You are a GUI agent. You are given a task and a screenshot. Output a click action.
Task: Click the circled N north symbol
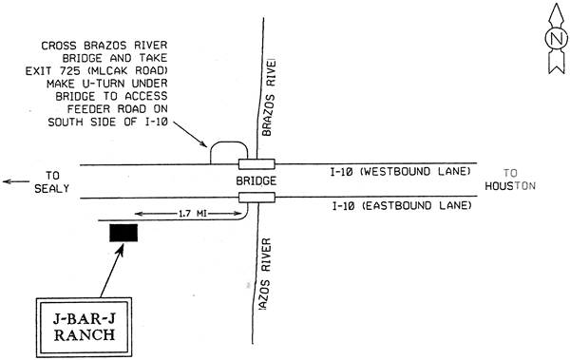click(x=554, y=40)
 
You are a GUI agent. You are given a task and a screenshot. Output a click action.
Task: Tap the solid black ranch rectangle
click(x=123, y=233)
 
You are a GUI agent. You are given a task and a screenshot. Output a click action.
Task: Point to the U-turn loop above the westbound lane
click(x=229, y=149)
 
